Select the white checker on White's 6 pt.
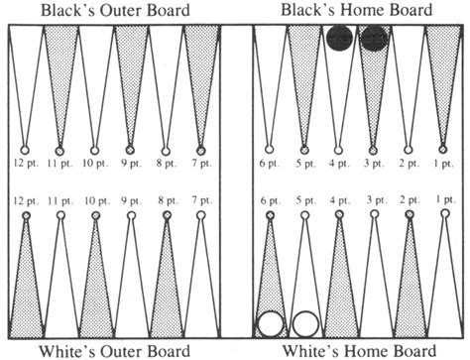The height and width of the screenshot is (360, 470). [269, 323]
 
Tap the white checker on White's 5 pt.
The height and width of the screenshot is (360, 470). [304, 323]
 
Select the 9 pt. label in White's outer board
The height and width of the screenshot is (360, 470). [131, 201]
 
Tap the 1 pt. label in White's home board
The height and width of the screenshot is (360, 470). [443, 201]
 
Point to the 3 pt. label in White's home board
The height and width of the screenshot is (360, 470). [374, 201]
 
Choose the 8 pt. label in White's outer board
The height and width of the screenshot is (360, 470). [166, 201]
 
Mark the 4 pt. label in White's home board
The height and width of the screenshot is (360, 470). [339, 201]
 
